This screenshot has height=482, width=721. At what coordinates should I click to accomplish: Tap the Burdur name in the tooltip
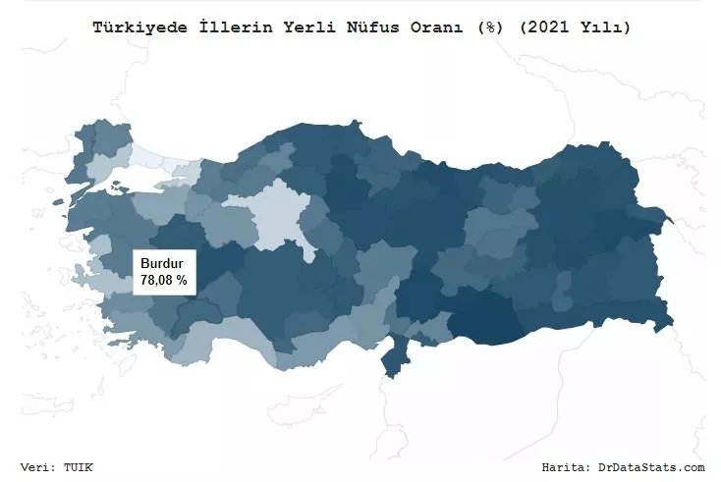pos(161,264)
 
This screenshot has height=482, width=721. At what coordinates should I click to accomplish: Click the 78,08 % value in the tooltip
pos(164,281)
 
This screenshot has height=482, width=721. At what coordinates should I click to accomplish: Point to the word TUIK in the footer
pos(79,467)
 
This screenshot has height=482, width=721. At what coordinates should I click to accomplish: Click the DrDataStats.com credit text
pos(651,467)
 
